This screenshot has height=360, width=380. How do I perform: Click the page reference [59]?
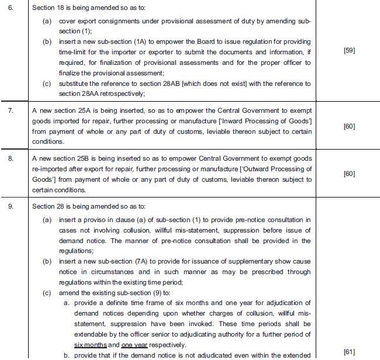[x=349, y=51]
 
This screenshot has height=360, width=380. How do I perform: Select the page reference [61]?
[x=349, y=351]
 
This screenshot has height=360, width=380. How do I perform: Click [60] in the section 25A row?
[x=349, y=126]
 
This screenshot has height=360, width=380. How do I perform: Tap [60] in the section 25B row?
[x=349, y=174]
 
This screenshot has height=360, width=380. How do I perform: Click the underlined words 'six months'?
[x=90, y=345]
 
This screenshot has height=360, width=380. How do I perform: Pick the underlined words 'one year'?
[x=134, y=345]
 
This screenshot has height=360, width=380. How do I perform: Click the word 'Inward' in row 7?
[x=244, y=120]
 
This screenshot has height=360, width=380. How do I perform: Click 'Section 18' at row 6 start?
[x=48, y=10]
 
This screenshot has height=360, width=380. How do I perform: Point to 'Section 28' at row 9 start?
[x=48, y=206]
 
